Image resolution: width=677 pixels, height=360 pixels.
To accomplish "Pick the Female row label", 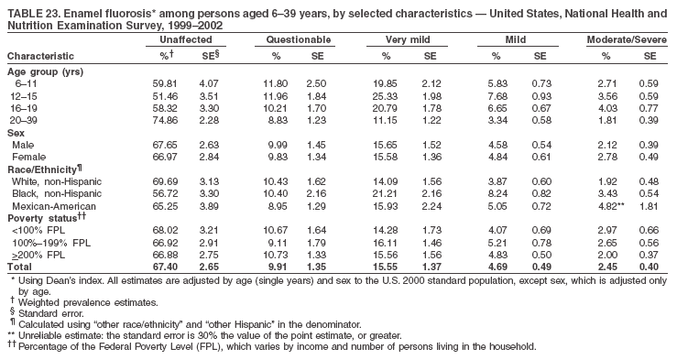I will (x=29, y=157).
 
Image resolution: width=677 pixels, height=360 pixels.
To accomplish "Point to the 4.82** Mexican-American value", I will (x=612, y=206).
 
